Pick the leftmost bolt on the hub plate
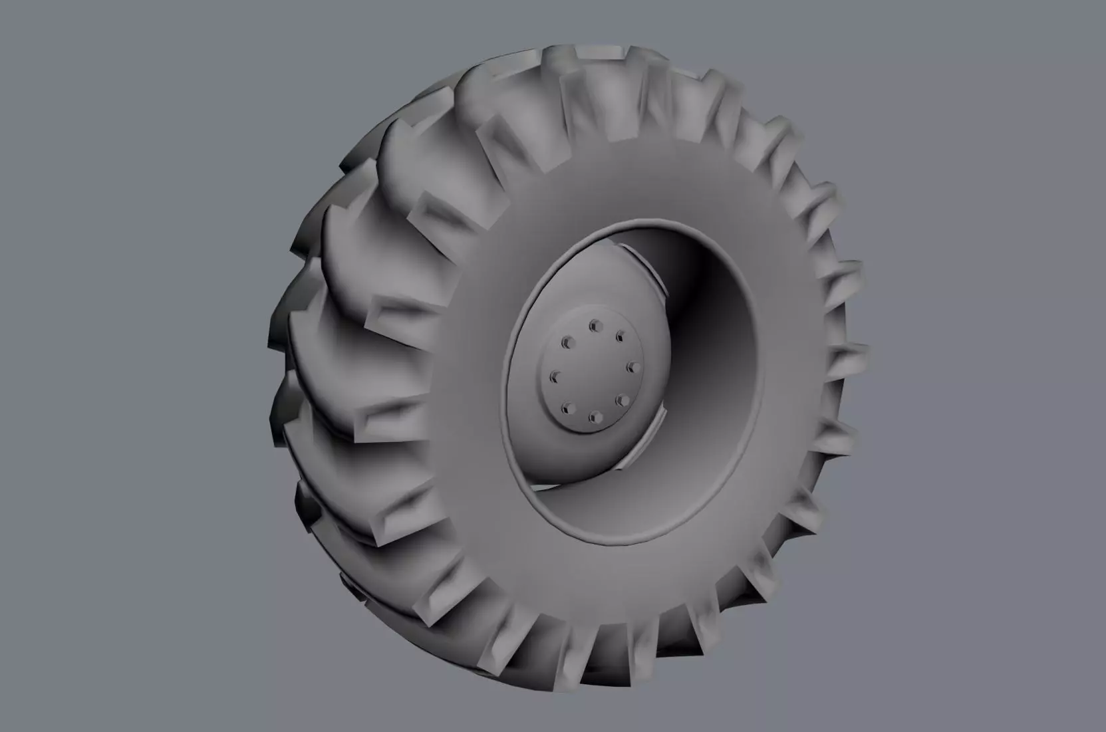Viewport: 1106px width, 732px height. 553,377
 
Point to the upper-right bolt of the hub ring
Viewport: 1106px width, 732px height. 620,334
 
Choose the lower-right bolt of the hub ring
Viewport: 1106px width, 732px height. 622,400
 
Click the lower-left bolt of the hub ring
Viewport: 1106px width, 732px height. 567,408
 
